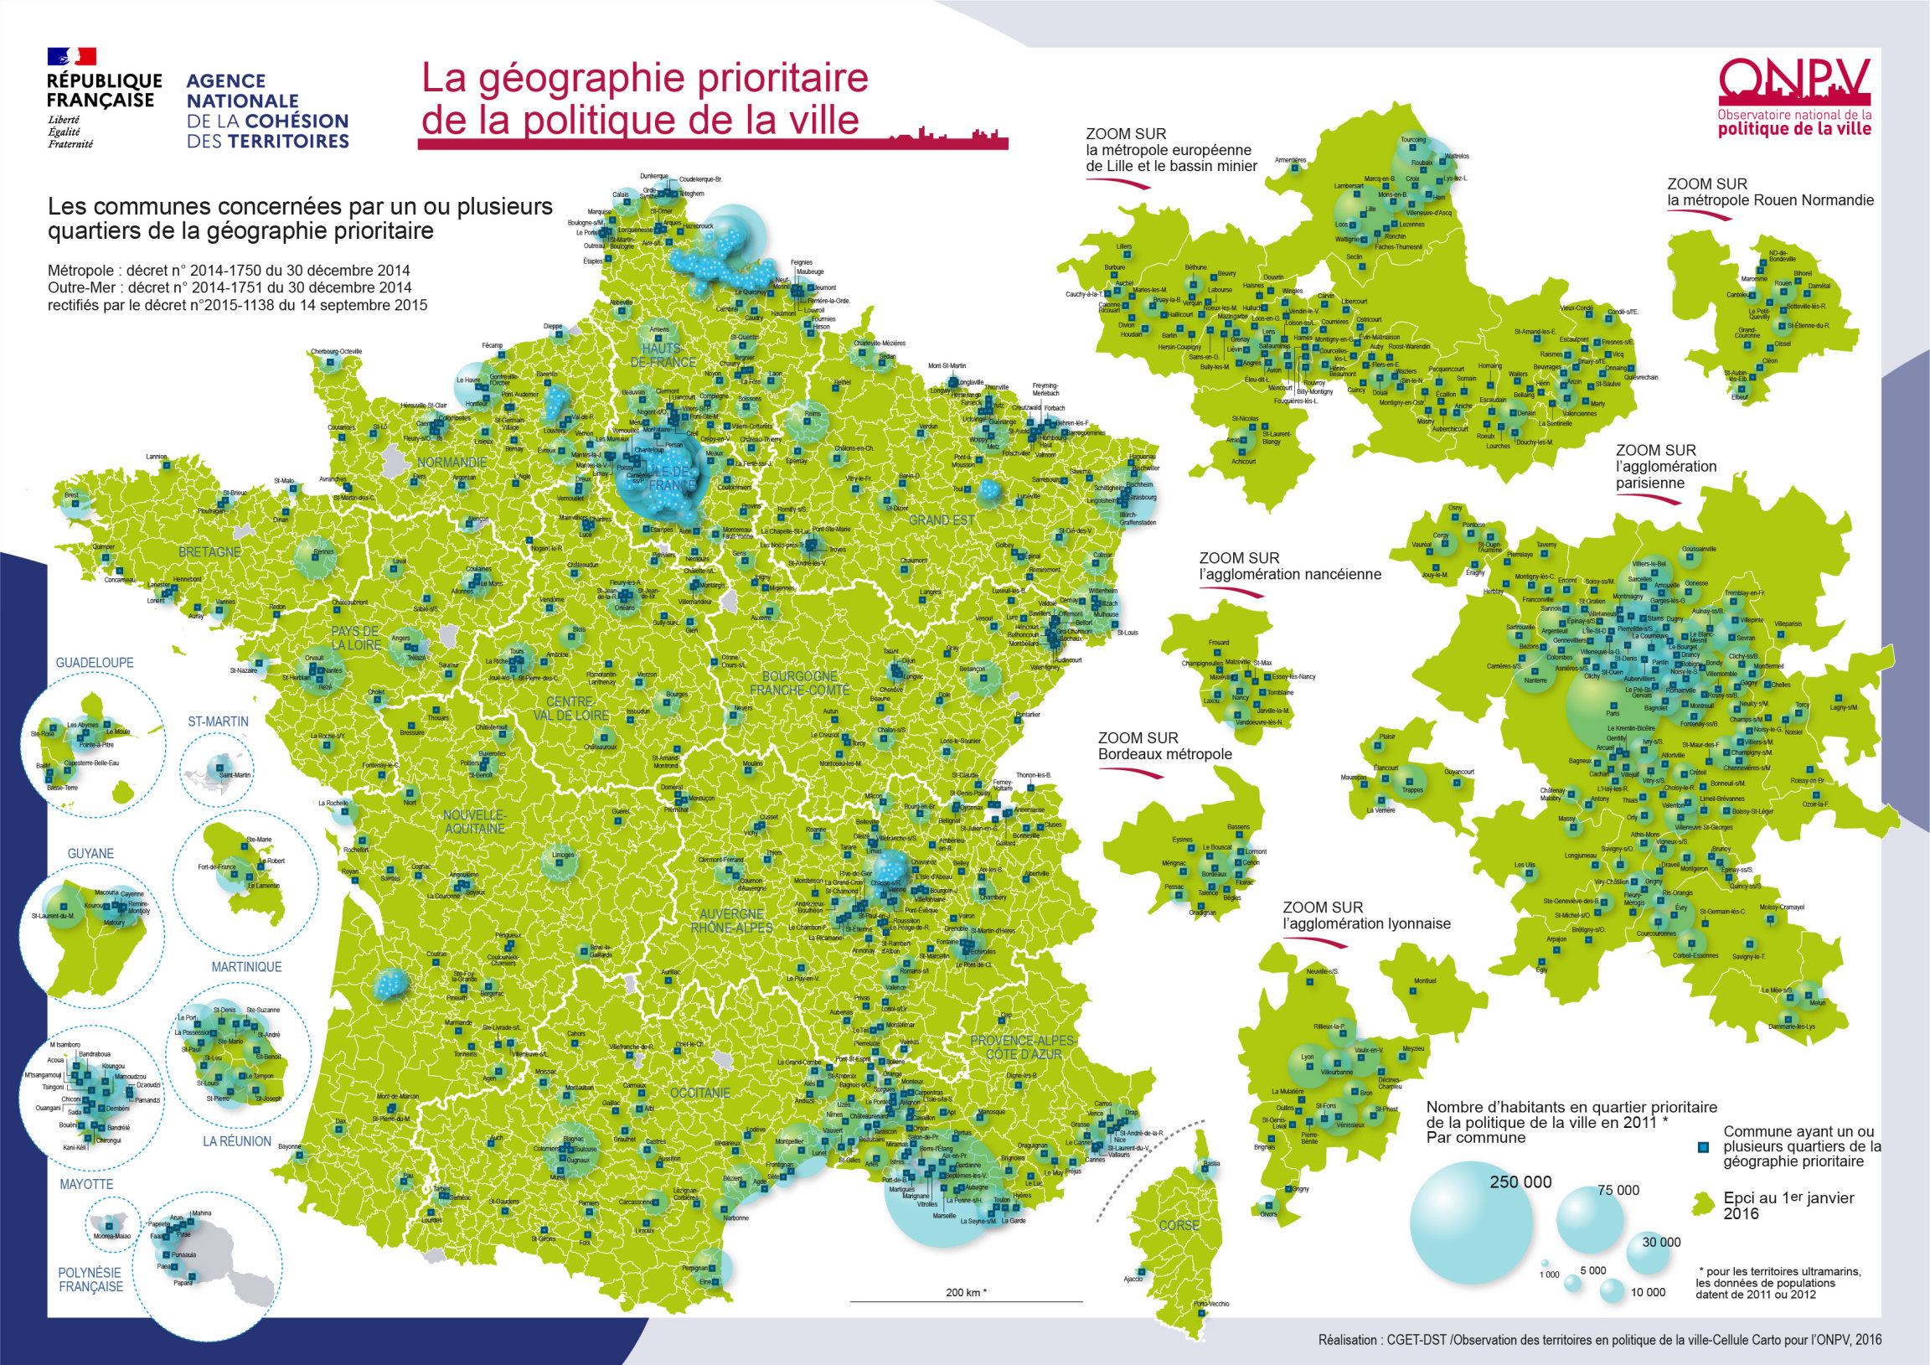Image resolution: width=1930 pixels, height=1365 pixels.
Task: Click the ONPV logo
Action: pos(1793,96)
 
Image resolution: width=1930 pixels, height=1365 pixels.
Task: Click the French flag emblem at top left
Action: pos(71,56)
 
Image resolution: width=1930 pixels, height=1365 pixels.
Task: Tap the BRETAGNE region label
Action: pos(209,551)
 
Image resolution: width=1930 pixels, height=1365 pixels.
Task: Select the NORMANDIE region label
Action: pos(452,463)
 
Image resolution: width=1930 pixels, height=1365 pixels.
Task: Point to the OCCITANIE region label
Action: pos(699,1093)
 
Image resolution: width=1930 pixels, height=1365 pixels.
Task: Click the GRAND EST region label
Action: pos(941,520)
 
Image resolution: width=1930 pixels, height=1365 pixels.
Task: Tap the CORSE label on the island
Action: pos(1179,1225)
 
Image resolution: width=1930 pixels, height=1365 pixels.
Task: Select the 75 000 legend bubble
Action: pos(1588,1219)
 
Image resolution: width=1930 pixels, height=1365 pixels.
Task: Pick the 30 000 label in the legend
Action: pos(1661,1242)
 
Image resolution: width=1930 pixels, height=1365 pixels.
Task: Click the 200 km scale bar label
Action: pos(966,1293)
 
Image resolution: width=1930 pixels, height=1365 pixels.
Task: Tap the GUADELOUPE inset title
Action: pos(94,663)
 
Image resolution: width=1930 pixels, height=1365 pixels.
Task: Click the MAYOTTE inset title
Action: pos(85,1184)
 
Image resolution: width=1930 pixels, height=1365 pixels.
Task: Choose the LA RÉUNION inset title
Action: pos(236,1141)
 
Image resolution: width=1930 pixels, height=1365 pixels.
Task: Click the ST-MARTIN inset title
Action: pos(218,721)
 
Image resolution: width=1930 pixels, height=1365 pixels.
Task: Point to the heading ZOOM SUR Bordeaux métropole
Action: pos(1164,746)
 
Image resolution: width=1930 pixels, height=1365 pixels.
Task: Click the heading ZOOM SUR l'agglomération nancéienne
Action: pos(1289,566)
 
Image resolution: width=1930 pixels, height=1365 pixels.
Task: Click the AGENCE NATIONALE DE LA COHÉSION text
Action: pos(266,111)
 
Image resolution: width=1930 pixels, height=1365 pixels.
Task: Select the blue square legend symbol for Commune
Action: pos(1704,1147)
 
